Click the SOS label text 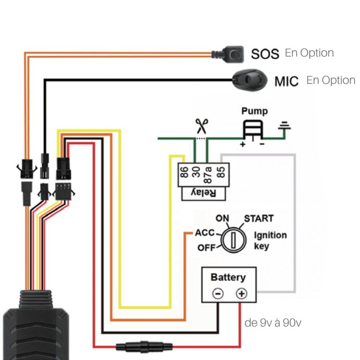(x=265, y=53)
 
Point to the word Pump (x=255, y=111)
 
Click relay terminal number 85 (x=221, y=174)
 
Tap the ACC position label (x=204, y=233)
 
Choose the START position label (x=258, y=218)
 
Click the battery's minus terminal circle (x=218, y=294)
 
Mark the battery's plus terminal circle (x=241, y=294)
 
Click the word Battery (x=228, y=277)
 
